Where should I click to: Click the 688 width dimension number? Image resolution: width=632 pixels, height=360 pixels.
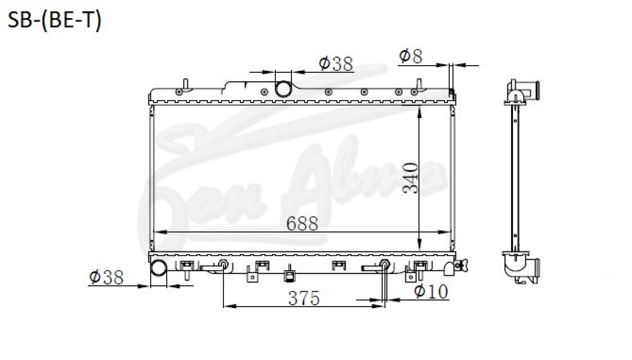302,224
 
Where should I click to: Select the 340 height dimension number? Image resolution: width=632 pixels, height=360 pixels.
411,178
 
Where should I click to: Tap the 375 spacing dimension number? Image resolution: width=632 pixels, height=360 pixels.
304,298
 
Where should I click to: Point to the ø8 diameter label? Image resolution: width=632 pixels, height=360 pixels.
411,56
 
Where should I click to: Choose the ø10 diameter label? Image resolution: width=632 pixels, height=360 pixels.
431,291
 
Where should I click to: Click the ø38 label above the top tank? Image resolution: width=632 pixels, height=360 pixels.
336,64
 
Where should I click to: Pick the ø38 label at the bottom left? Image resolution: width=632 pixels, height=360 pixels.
106,277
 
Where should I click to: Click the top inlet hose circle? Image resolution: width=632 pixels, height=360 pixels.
283,89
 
